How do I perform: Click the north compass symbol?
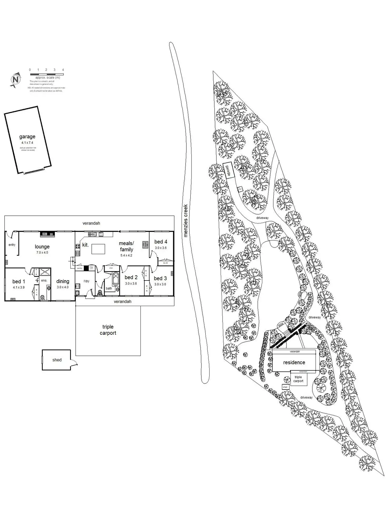pyautogui.click(x=16, y=80)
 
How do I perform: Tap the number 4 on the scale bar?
pyautogui.click(x=63, y=70)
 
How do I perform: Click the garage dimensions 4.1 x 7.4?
pyautogui.click(x=27, y=143)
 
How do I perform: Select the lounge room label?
pyautogui.click(x=42, y=247)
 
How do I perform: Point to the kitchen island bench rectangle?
pyautogui.click(x=98, y=249)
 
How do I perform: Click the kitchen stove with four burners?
pyautogui.click(x=78, y=247)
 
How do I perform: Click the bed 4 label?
pyautogui.click(x=161, y=242)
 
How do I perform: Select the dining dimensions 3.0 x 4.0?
pyautogui.click(x=62, y=287)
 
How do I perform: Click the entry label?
pyautogui.click(x=12, y=245)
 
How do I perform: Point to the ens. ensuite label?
pyautogui.click(x=44, y=280)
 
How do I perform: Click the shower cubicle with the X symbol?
pyautogui.click(x=45, y=272)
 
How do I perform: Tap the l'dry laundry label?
pyautogui.click(x=86, y=281)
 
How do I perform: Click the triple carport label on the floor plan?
pyautogui.click(x=108, y=330)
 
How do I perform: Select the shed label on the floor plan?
pyautogui.click(x=57, y=360)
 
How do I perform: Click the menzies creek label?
pyautogui.click(x=186, y=221)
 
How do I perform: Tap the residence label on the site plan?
pyautogui.click(x=294, y=362)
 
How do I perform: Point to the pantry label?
pyautogui.click(x=80, y=268)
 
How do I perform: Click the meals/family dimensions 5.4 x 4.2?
pyautogui.click(x=126, y=255)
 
